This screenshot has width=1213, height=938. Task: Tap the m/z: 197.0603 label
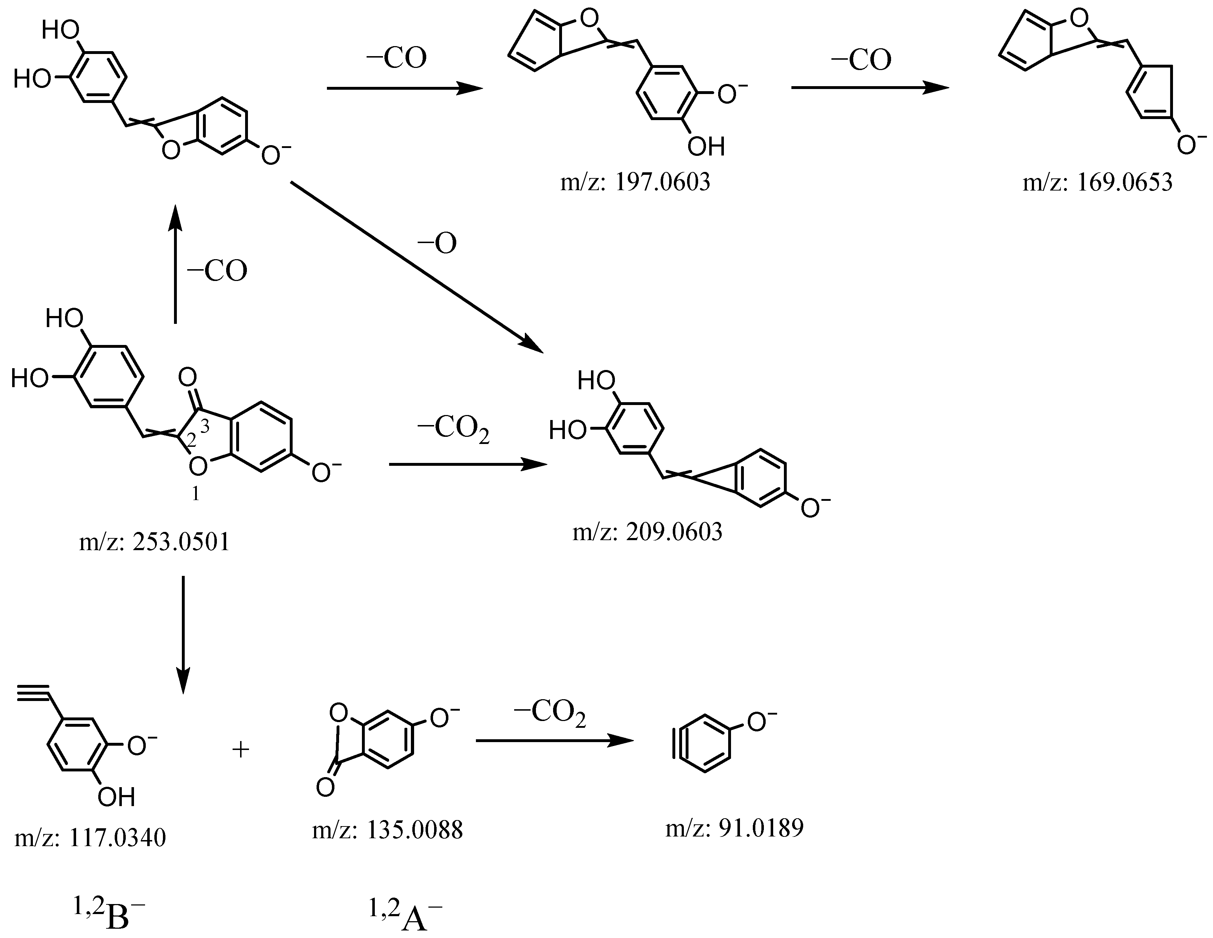[635, 182]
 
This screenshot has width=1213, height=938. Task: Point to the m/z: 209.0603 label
[648, 532]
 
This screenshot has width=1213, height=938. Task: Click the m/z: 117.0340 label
[90, 838]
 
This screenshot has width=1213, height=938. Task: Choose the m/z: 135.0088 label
[387, 830]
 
